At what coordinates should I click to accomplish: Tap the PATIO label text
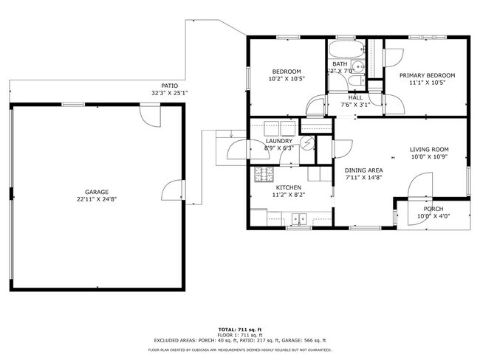click(169, 85)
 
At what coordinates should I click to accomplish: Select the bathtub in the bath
click(346, 52)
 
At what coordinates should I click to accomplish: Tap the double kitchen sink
click(300, 218)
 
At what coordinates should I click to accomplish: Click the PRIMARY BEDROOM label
click(427, 75)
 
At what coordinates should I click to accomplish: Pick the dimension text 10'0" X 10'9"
click(429, 157)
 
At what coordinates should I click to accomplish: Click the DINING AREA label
click(363, 170)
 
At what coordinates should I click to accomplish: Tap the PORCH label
click(433, 209)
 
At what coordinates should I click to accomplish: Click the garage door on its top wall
click(150, 114)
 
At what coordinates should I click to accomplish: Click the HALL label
click(355, 97)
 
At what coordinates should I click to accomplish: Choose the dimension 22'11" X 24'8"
click(96, 198)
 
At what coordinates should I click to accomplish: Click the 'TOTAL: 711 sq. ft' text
click(240, 328)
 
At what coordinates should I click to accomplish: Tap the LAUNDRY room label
click(278, 140)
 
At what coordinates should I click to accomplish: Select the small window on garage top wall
click(72, 104)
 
